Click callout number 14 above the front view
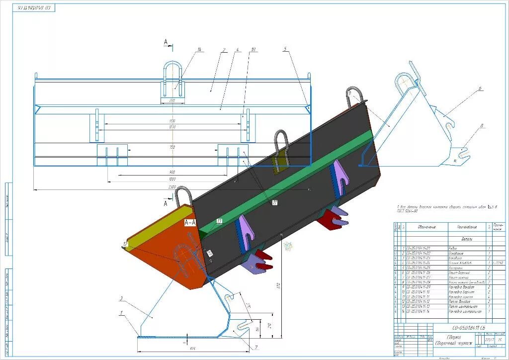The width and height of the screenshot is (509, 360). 199,49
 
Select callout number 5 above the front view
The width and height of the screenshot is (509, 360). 285,49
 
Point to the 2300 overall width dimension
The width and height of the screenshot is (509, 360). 171,186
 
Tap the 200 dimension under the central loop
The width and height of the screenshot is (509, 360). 172,100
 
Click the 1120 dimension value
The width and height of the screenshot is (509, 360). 172,121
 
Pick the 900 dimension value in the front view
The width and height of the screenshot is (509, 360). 172,172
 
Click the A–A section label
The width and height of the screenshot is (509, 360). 190,223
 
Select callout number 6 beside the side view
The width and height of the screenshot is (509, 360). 480,89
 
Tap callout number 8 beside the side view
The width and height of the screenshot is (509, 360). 482,127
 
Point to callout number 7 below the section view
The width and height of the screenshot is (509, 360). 256,347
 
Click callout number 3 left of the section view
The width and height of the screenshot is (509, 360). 121,298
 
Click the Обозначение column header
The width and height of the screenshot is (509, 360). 426,227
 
